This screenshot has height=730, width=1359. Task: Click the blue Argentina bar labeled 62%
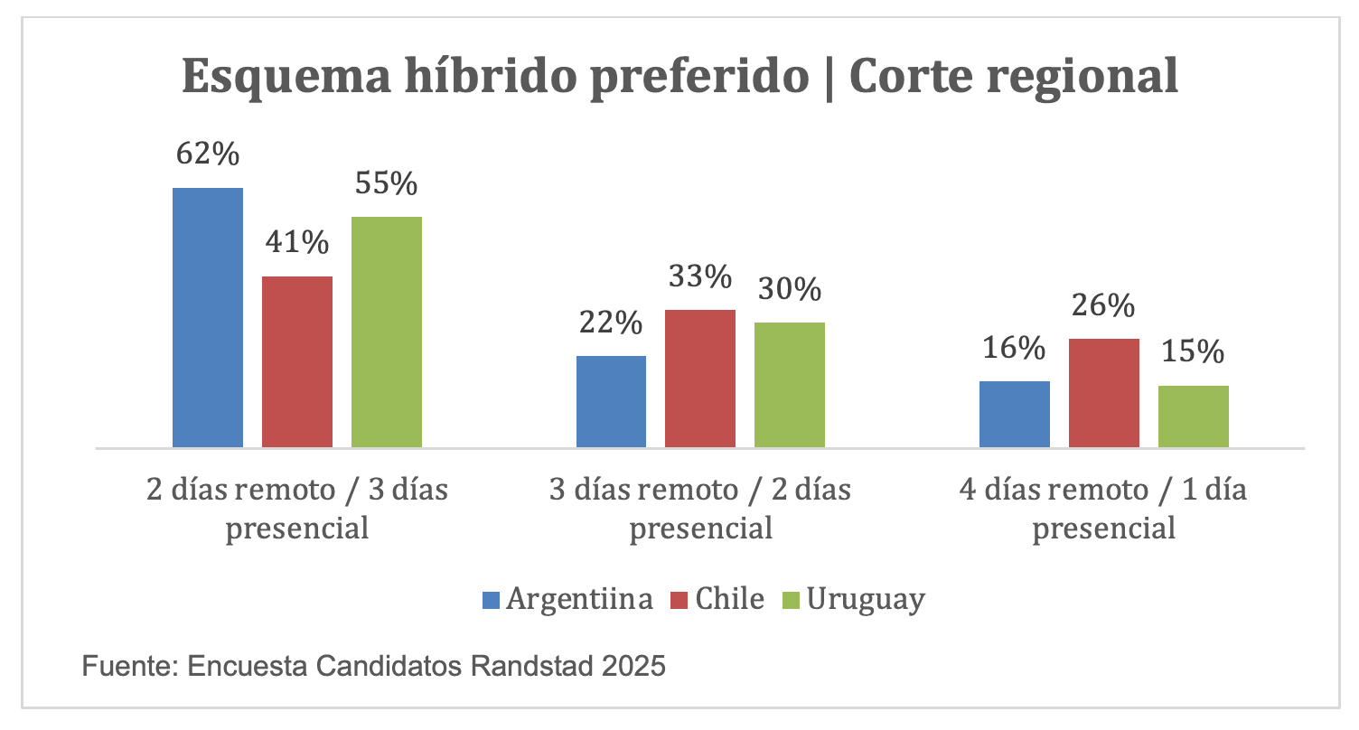[208, 317]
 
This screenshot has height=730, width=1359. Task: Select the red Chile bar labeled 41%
[297, 361]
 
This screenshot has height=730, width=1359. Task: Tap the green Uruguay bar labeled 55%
[387, 332]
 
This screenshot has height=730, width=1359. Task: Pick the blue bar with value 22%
[611, 401]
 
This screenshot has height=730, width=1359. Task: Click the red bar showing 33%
[700, 378]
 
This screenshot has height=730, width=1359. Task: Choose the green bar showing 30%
[790, 384]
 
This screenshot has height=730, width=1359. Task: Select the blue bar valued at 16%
[1015, 414]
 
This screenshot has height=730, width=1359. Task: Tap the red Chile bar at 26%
[1104, 392]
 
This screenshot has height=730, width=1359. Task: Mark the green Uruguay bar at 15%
[1194, 416]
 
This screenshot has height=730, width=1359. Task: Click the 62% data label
[208, 154]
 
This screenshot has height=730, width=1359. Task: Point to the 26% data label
[1104, 306]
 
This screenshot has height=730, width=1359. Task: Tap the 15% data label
[1194, 351]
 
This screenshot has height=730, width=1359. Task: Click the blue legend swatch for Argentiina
[492, 600]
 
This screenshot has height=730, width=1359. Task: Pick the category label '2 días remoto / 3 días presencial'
[297, 509]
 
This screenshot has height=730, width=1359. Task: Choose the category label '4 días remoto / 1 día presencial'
[1103, 509]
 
